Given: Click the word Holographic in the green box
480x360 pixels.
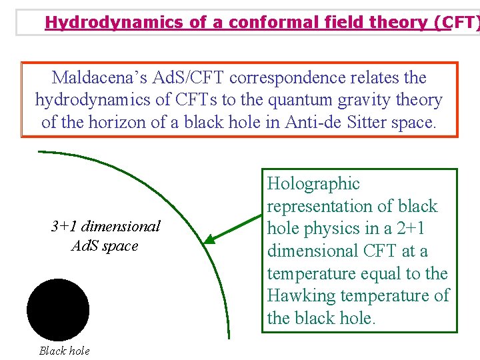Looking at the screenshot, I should tap(313, 184).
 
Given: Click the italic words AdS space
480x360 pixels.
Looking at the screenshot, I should tap(105, 245).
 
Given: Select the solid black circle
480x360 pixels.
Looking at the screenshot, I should tap(58, 309).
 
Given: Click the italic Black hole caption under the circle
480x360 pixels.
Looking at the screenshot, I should tap(64, 351).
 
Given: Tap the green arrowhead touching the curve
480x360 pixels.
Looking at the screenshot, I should tap(209, 239).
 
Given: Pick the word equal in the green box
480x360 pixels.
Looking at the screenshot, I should tap(387, 273).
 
